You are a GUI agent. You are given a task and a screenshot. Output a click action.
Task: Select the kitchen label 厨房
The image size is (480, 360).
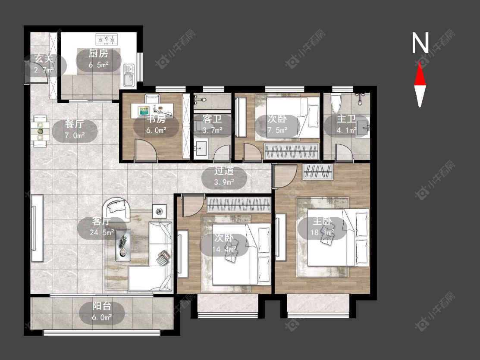[98, 53]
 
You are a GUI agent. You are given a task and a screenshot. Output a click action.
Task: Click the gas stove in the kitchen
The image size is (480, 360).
[107, 39]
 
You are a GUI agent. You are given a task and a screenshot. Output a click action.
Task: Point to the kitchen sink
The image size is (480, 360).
[129, 75]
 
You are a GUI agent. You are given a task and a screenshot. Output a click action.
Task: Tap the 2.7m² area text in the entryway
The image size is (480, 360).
[44, 70]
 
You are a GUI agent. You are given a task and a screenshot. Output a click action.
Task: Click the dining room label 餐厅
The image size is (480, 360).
[74, 124]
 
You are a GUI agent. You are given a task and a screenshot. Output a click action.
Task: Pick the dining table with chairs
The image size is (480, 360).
[40, 131]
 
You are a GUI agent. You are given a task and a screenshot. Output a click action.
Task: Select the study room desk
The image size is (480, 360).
[152, 111]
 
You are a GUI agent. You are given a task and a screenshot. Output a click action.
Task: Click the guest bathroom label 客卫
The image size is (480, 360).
[212, 119]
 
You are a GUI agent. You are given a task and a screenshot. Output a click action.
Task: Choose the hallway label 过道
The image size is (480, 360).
[224, 171]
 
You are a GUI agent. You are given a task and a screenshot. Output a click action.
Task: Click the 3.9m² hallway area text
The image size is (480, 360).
[224, 182]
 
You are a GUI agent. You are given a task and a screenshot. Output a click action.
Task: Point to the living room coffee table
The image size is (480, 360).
[123, 245]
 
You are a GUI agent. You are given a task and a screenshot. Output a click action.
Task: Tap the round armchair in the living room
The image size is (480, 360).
[116, 209]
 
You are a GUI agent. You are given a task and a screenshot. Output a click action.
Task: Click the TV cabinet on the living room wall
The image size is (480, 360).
[38, 228]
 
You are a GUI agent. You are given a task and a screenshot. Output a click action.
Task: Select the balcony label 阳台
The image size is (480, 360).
[102, 306]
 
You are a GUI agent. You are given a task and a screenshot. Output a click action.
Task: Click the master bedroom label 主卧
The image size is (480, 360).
[322, 221]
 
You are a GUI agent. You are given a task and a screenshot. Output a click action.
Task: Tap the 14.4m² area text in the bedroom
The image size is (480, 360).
[224, 249]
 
